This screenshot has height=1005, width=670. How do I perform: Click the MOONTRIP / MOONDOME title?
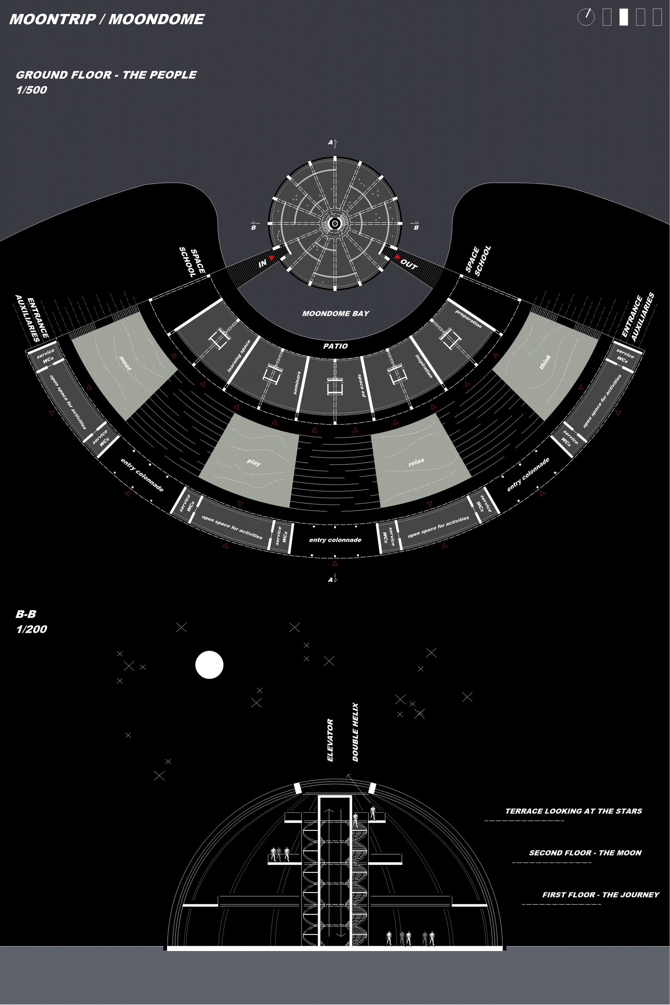pyautogui.click(x=107, y=19)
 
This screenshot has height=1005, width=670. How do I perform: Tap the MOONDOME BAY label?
pyautogui.click(x=335, y=314)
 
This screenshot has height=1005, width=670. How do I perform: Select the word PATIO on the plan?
pyautogui.click(x=335, y=346)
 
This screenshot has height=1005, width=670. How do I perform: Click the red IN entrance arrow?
pyautogui.click(x=271, y=258)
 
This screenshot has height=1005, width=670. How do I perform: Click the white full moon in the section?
pyautogui.click(x=209, y=665)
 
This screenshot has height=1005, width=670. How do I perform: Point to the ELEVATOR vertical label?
pyautogui.click(x=330, y=740)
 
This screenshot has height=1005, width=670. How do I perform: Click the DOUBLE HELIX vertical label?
pyautogui.click(x=355, y=732)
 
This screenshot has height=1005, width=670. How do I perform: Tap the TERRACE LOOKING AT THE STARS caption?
pyautogui.click(x=574, y=811)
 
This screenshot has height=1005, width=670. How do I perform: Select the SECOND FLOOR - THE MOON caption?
pyautogui.click(x=585, y=853)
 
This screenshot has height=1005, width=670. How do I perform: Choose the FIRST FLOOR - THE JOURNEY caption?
pyautogui.click(x=601, y=895)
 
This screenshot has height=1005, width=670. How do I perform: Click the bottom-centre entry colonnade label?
pyautogui.click(x=335, y=540)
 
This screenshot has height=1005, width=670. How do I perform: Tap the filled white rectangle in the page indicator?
pyautogui.click(x=624, y=17)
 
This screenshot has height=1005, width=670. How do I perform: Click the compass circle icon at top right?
pyautogui.click(x=586, y=17)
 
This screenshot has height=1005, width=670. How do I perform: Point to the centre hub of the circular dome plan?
pyautogui.click(x=335, y=223)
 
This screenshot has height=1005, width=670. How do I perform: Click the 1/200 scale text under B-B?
pyautogui.click(x=31, y=629)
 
